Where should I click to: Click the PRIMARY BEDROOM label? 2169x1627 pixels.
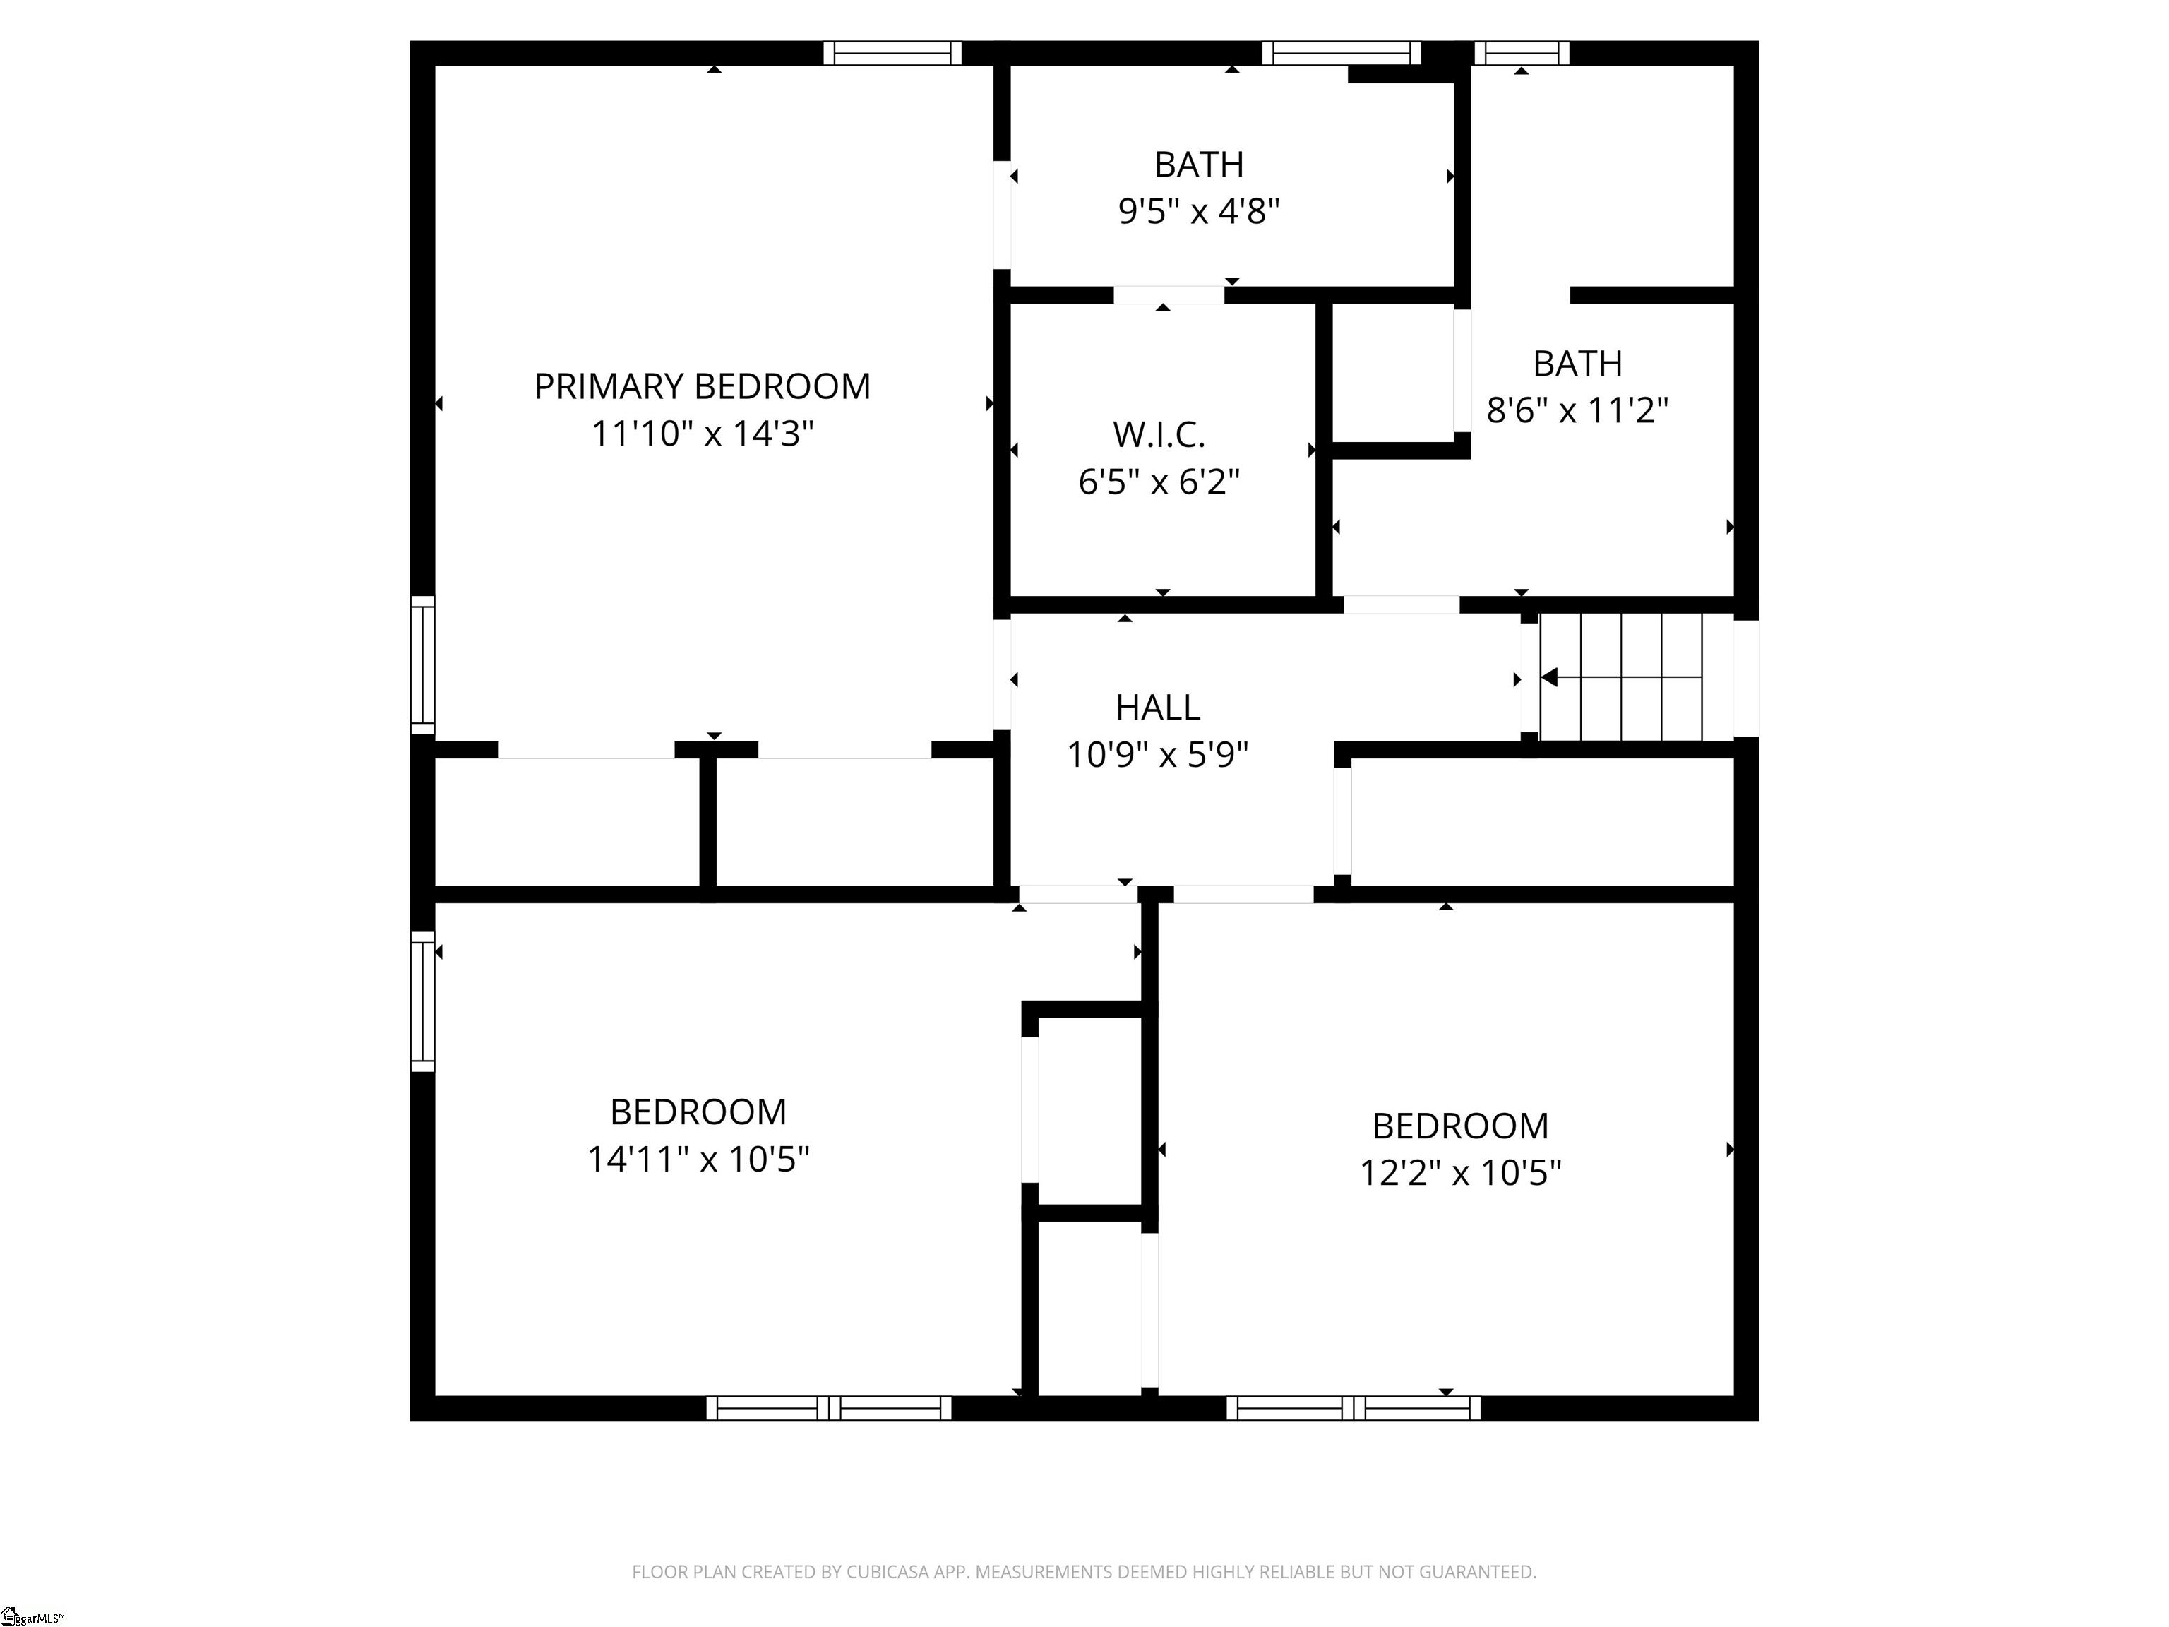pyautogui.click(x=702, y=386)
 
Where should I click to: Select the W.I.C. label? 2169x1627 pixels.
pyautogui.click(x=1159, y=434)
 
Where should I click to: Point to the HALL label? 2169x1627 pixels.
pyautogui.click(x=1158, y=707)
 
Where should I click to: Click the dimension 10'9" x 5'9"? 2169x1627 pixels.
pyautogui.click(x=1158, y=755)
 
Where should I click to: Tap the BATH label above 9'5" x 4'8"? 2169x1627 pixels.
pyautogui.click(x=1199, y=165)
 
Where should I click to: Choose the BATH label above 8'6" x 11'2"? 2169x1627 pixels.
pyautogui.click(x=1578, y=364)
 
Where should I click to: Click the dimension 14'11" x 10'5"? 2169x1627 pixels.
pyautogui.click(x=698, y=1160)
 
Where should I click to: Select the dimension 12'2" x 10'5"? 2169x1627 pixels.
pyautogui.click(x=1460, y=1173)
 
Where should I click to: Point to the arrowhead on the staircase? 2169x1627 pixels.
pyautogui.click(x=1549, y=677)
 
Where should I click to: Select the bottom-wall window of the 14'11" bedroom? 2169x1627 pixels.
pyautogui.click(x=829, y=1408)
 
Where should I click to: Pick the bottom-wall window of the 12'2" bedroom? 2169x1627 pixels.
pyautogui.click(x=1354, y=1408)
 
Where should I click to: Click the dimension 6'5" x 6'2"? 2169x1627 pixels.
pyautogui.click(x=1159, y=482)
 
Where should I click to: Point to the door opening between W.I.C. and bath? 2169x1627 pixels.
pyautogui.click(x=1169, y=295)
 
